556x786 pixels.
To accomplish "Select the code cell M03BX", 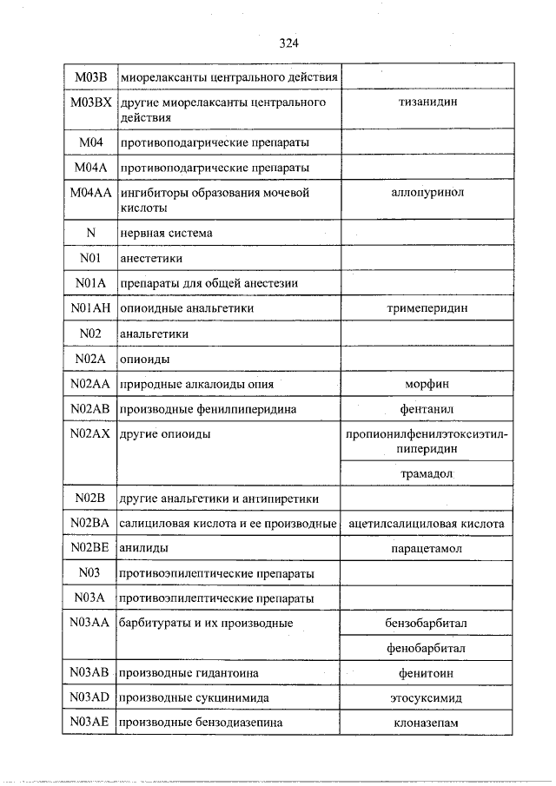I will click(89, 103).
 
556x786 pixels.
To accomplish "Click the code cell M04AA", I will click(89, 193).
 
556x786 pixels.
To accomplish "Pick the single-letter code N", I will click(89, 233).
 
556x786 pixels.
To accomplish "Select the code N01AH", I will click(89, 308).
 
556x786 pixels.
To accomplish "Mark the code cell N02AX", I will click(89, 434).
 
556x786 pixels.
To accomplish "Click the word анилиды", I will click(144, 549).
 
